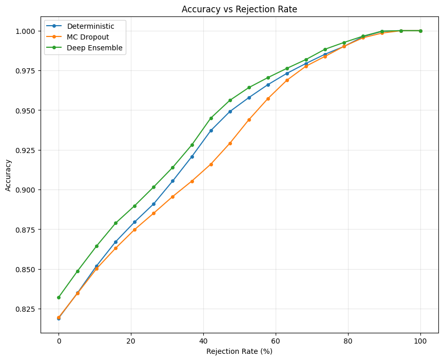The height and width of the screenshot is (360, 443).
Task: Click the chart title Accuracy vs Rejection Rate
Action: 239,9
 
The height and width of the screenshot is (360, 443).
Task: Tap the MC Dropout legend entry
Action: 88,37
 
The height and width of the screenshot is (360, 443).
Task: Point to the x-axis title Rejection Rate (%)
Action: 239,351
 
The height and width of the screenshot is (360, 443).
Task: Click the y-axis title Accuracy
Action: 8,175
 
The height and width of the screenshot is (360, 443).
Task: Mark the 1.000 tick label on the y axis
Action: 26,31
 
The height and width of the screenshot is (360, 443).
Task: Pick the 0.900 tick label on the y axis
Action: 26,190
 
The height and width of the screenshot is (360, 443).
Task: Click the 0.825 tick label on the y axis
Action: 26,309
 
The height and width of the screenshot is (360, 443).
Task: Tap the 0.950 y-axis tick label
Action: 26,110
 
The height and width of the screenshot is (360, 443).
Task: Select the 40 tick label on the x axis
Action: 203,340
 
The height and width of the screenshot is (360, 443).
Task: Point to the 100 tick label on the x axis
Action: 420,340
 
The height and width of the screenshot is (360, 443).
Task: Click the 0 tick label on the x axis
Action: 59,340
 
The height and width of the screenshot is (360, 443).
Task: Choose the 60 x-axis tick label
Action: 276,340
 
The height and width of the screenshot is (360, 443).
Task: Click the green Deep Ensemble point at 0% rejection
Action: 59,297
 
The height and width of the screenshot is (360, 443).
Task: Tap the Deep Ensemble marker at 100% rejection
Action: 420,31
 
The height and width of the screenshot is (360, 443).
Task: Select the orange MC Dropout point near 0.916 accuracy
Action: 211,164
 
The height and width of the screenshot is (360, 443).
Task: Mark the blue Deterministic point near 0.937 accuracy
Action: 211,130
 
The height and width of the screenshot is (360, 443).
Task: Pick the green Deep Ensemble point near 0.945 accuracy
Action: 211,118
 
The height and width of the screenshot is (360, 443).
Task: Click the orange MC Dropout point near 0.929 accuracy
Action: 230,143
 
